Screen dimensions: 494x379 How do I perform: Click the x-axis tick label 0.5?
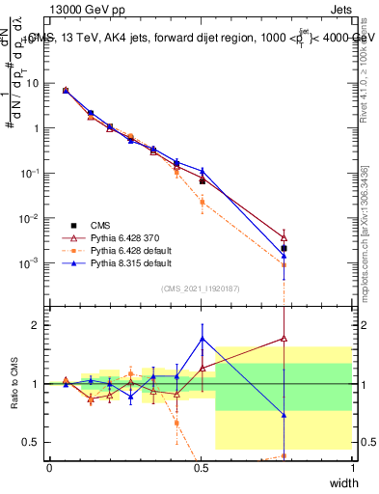201,466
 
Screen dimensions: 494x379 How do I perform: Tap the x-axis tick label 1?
352,466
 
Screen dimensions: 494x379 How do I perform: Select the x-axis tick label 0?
49,466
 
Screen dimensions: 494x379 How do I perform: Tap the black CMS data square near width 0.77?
284,248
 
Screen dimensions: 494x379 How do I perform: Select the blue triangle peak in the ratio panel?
202,339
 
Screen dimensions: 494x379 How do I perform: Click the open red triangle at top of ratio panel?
284,338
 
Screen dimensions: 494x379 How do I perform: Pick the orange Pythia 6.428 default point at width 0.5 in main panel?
202,202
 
